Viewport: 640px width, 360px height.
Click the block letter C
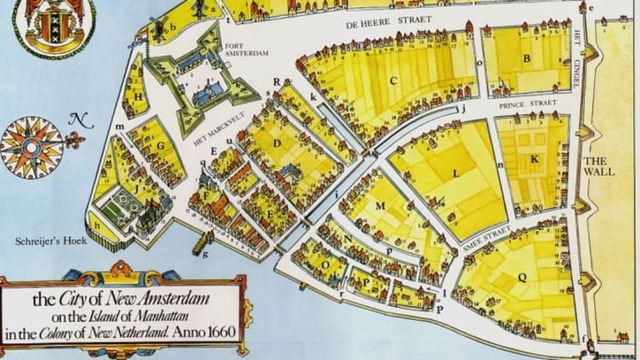click(393, 80)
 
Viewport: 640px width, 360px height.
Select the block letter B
click(525, 58)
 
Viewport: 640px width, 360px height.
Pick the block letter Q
click(521, 276)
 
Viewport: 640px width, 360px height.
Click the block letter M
click(380, 207)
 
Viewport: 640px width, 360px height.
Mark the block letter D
click(277, 143)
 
